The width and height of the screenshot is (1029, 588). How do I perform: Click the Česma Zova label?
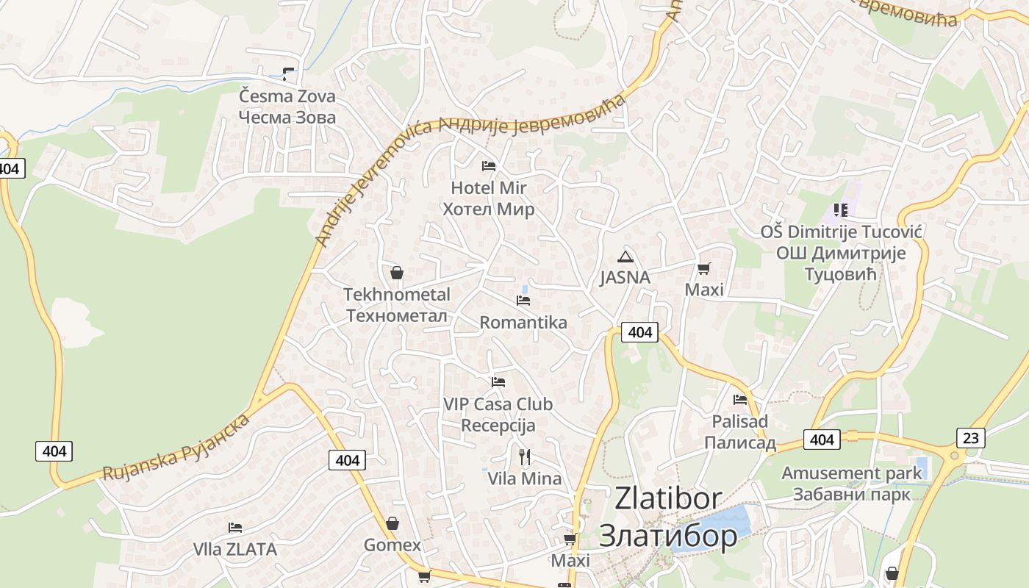(x=287, y=107)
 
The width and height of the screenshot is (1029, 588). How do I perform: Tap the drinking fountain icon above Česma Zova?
(x=288, y=73)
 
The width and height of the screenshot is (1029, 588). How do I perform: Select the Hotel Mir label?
(x=488, y=198)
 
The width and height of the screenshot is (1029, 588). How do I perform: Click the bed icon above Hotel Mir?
(x=488, y=166)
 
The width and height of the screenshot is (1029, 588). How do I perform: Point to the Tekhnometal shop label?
(x=397, y=305)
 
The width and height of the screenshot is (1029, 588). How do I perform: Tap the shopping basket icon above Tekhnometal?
(x=397, y=273)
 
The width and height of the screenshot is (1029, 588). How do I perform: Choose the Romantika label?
(x=523, y=323)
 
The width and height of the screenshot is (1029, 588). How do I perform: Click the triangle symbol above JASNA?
(x=625, y=257)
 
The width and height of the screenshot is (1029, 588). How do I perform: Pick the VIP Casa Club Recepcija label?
(x=498, y=415)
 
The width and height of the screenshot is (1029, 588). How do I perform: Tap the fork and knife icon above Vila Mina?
(x=525, y=457)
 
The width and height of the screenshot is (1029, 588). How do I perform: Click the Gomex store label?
(x=392, y=545)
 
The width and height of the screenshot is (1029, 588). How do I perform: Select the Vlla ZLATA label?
(x=235, y=549)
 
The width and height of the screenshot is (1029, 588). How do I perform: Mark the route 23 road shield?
(x=971, y=438)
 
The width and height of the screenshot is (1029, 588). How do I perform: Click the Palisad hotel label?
(x=740, y=431)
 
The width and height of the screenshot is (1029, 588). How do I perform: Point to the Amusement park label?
(x=851, y=483)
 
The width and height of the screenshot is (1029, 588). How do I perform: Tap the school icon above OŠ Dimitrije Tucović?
(x=840, y=211)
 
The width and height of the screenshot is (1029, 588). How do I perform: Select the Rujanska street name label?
(x=176, y=448)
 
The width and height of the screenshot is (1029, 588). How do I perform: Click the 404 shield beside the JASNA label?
(x=639, y=332)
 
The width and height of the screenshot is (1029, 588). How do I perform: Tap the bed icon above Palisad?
(x=740, y=399)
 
